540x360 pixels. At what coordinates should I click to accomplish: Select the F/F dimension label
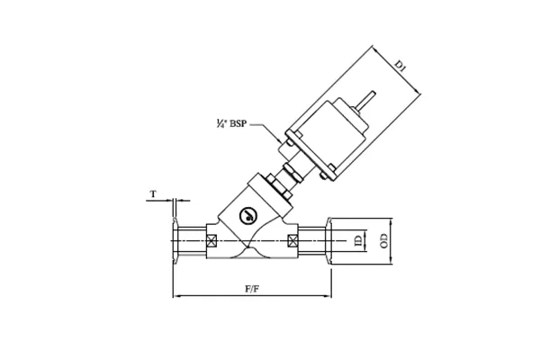[253, 290]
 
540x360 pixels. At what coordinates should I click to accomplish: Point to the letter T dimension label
[154, 193]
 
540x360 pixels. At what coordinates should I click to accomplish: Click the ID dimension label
[357, 241]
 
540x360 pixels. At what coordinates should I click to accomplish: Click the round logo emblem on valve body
[248, 216]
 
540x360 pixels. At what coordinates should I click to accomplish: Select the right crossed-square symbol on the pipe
[292, 241]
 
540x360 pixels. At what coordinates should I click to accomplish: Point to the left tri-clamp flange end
[175, 241]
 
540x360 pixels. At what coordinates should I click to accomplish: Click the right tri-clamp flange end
[330, 241]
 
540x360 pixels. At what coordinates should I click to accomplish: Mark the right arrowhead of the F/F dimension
[328, 296]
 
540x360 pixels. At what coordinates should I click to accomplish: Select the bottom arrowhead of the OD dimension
[391, 262]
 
